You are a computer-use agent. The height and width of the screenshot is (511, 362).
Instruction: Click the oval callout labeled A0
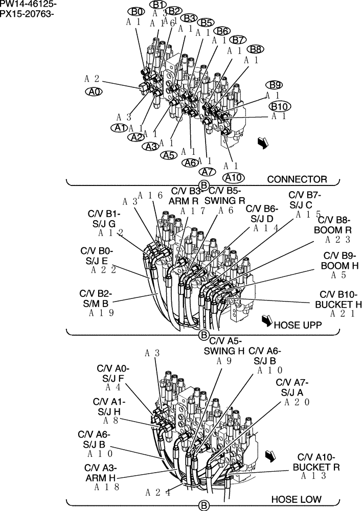point(94,91)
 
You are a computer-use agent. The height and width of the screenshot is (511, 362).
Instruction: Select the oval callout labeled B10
point(280,106)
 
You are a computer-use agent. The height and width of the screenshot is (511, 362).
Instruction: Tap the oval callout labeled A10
point(233,177)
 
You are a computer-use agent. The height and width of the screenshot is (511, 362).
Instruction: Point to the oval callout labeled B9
point(274,85)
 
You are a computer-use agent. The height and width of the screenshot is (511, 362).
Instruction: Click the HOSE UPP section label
point(297,324)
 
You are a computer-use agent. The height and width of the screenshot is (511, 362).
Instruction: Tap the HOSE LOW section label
point(296,499)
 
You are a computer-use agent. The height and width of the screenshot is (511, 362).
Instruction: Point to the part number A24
point(157,493)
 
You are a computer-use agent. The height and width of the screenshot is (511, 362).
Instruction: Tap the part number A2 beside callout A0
point(92,79)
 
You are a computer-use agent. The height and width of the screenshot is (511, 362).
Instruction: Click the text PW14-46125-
point(29,5)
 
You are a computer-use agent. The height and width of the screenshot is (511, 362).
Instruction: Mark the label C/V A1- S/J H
point(110,406)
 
